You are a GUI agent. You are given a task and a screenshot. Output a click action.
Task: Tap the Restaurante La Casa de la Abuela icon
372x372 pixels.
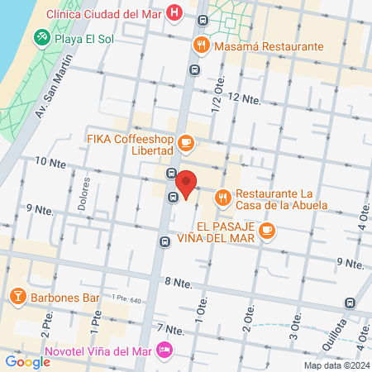222,198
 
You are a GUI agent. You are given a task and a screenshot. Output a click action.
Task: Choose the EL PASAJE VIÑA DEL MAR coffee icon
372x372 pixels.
265,231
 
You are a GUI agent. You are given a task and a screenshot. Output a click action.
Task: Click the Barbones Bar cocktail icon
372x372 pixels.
17,296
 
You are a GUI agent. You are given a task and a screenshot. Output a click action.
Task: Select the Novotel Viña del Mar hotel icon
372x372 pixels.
165,349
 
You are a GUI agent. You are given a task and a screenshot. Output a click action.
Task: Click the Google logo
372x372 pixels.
27,361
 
